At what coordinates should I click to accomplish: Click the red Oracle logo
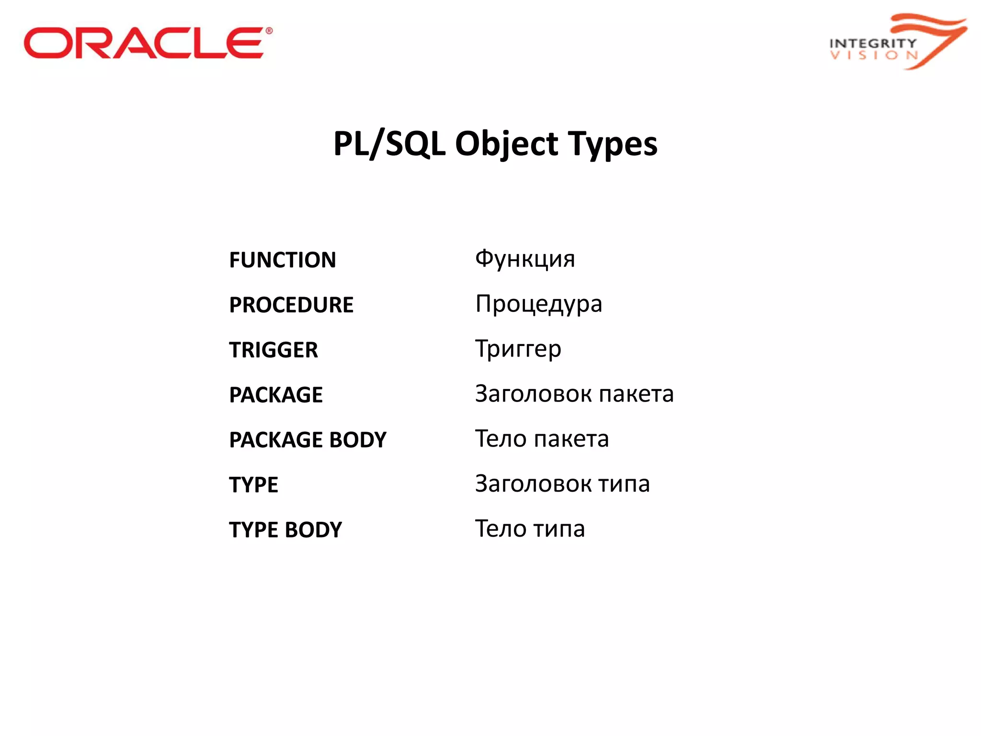[x=144, y=43]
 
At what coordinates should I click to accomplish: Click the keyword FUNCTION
[x=283, y=260]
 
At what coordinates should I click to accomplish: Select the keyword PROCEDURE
[x=291, y=305]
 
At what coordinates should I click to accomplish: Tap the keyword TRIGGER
[x=274, y=350]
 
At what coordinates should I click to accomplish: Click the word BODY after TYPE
[x=313, y=530]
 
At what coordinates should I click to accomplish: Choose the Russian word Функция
[x=525, y=259]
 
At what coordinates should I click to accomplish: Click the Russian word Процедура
[x=538, y=304]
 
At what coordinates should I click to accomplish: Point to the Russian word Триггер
[x=518, y=349]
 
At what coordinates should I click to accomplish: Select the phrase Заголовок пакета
[x=574, y=394]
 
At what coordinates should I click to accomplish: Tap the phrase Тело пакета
[x=542, y=439]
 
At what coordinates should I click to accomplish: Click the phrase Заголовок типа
[x=562, y=484]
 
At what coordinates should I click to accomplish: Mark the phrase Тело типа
[x=530, y=529]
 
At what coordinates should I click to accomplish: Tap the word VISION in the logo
[x=874, y=55]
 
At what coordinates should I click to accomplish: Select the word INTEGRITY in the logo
[x=873, y=43]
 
